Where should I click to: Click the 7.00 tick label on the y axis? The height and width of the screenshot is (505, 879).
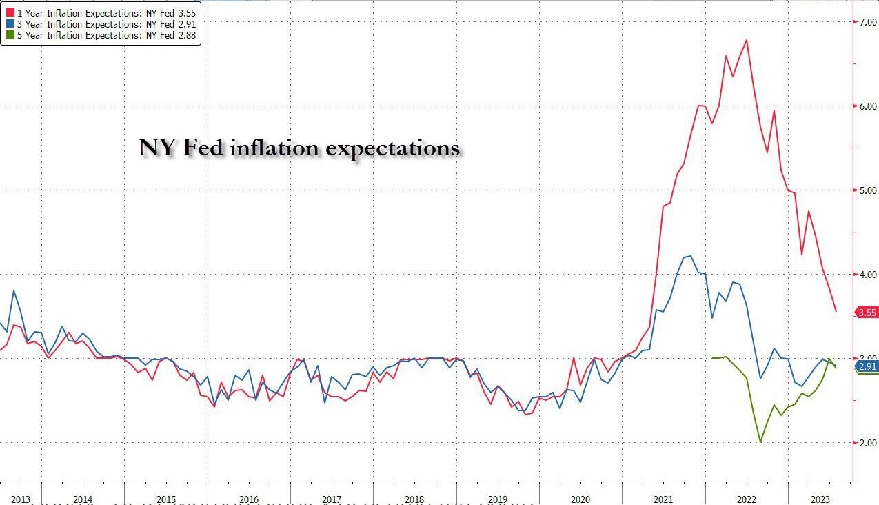click(867, 22)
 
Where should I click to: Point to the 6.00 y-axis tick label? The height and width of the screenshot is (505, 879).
click(867, 106)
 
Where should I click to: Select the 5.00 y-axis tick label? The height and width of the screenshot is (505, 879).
click(867, 190)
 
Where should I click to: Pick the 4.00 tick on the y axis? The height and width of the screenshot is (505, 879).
click(867, 275)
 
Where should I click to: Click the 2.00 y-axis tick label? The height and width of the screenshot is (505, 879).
click(867, 443)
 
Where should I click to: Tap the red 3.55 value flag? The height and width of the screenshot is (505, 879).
click(866, 313)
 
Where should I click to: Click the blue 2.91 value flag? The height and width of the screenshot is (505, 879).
click(866, 366)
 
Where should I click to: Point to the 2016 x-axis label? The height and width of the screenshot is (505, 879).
click(249, 499)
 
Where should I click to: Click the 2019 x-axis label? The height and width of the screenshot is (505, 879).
click(498, 499)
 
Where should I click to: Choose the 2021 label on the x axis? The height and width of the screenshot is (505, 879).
click(663, 499)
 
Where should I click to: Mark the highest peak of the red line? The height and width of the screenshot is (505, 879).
click(747, 40)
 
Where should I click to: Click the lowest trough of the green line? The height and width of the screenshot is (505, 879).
click(760, 442)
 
